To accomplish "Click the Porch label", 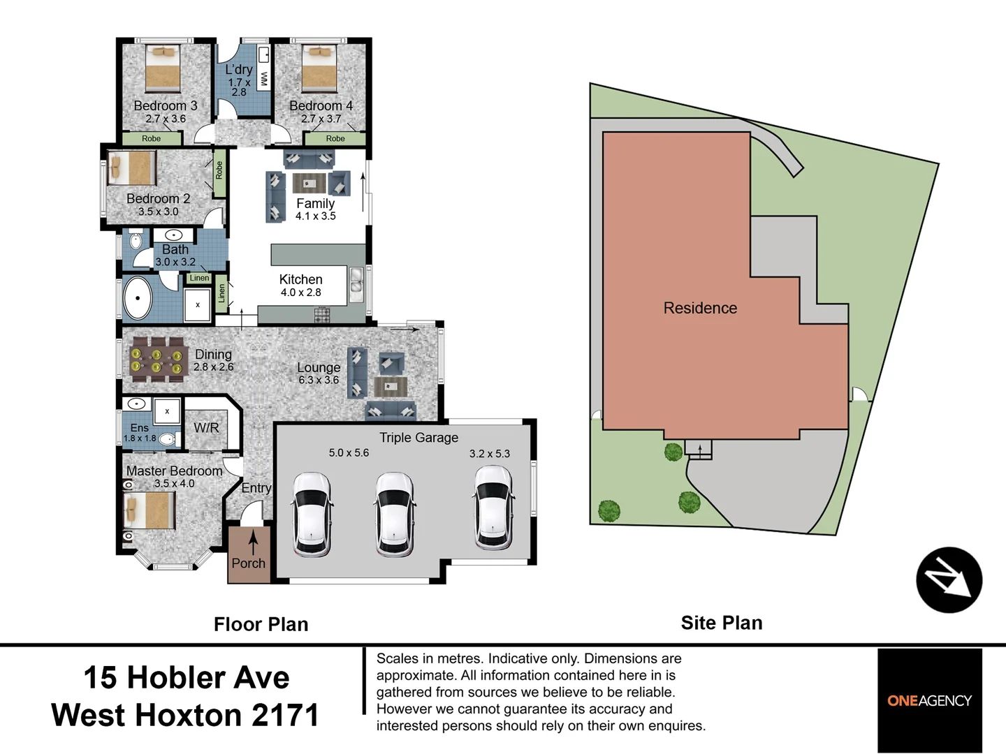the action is pyautogui.click(x=249, y=563).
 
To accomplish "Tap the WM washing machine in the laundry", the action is pyautogui.click(x=263, y=79).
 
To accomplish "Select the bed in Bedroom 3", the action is pyautogui.click(x=163, y=68).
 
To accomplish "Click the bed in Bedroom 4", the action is pyautogui.click(x=319, y=68).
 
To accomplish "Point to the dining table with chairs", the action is pyautogui.click(x=159, y=360).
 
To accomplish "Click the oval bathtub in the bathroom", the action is pyautogui.click(x=138, y=298).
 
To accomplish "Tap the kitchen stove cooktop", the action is pyautogui.click(x=322, y=314).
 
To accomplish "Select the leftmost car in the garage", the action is pyautogui.click(x=312, y=515).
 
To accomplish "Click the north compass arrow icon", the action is pyautogui.click(x=949, y=579).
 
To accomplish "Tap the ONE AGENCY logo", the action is pyautogui.click(x=929, y=700).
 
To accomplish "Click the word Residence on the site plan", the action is pyautogui.click(x=700, y=308).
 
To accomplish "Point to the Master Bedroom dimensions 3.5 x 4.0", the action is pyautogui.click(x=174, y=483).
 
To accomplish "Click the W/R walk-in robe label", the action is pyautogui.click(x=206, y=428).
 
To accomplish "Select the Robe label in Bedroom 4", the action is pyautogui.click(x=335, y=138).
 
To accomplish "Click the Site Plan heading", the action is pyautogui.click(x=722, y=623).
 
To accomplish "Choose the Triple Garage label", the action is pyautogui.click(x=419, y=438).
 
